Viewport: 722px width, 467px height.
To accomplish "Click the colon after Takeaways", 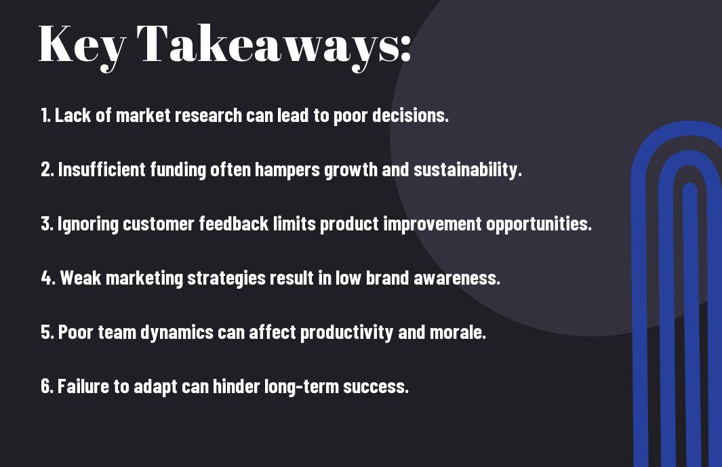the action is click(405, 48).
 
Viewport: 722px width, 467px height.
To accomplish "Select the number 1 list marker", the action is click(45, 115).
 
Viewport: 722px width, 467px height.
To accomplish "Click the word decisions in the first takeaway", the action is click(409, 115).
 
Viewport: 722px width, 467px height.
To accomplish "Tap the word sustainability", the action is click(467, 170).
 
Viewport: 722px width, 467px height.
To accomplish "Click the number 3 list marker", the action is click(47, 224).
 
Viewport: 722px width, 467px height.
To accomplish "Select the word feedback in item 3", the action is click(234, 224).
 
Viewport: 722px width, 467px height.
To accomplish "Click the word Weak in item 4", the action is click(80, 278).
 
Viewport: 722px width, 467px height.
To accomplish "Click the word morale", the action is click(458, 333).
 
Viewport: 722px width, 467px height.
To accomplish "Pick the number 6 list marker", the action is click(47, 386).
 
